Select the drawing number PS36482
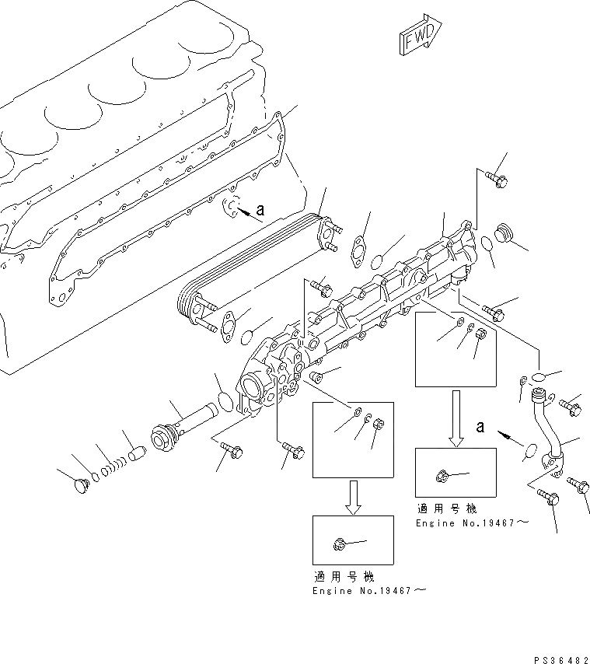click(x=555, y=658)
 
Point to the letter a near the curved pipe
click(x=481, y=427)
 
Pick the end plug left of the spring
click(x=79, y=485)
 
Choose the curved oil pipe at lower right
click(x=550, y=430)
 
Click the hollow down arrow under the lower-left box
click(x=353, y=497)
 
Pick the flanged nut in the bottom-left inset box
click(x=339, y=544)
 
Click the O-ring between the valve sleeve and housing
click(x=225, y=402)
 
